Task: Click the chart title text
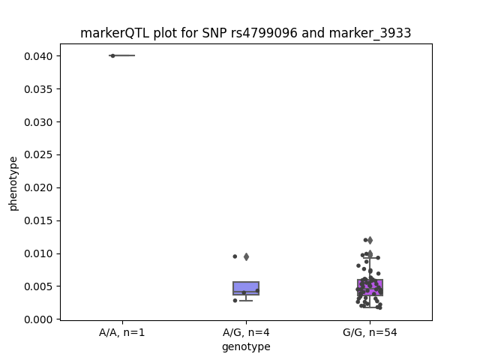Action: tap(245, 33)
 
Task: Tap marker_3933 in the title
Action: tap(370, 33)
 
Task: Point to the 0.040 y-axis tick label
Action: tap(38, 56)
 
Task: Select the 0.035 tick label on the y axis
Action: tap(38, 89)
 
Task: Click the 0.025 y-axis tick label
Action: tap(38, 155)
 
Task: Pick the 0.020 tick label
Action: tap(38, 187)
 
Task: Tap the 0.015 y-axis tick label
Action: tap(38, 220)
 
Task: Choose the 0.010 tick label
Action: tap(38, 253)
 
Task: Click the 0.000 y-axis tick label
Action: tap(38, 319)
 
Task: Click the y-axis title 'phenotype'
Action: tap(13, 184)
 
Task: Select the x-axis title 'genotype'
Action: tap(246, 346)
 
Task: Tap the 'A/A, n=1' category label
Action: tap(121, 332)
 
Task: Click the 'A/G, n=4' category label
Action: tap(246, 332)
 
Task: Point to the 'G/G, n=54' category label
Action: tap(370, 332)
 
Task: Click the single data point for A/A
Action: tap(112, 55)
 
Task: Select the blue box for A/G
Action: tap(246, 288)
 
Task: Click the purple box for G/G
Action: tap(370, 287)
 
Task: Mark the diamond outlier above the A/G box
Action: tap(246, 256)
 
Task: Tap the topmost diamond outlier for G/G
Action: tap(370, 240)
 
